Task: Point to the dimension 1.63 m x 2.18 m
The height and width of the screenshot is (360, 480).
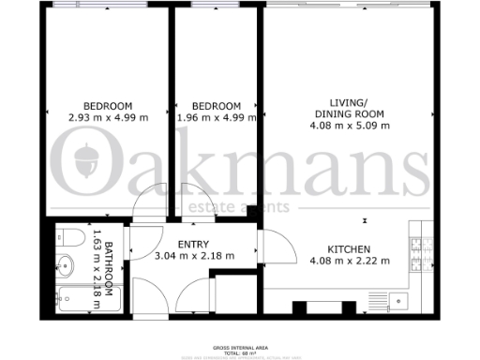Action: click(97, 266)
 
